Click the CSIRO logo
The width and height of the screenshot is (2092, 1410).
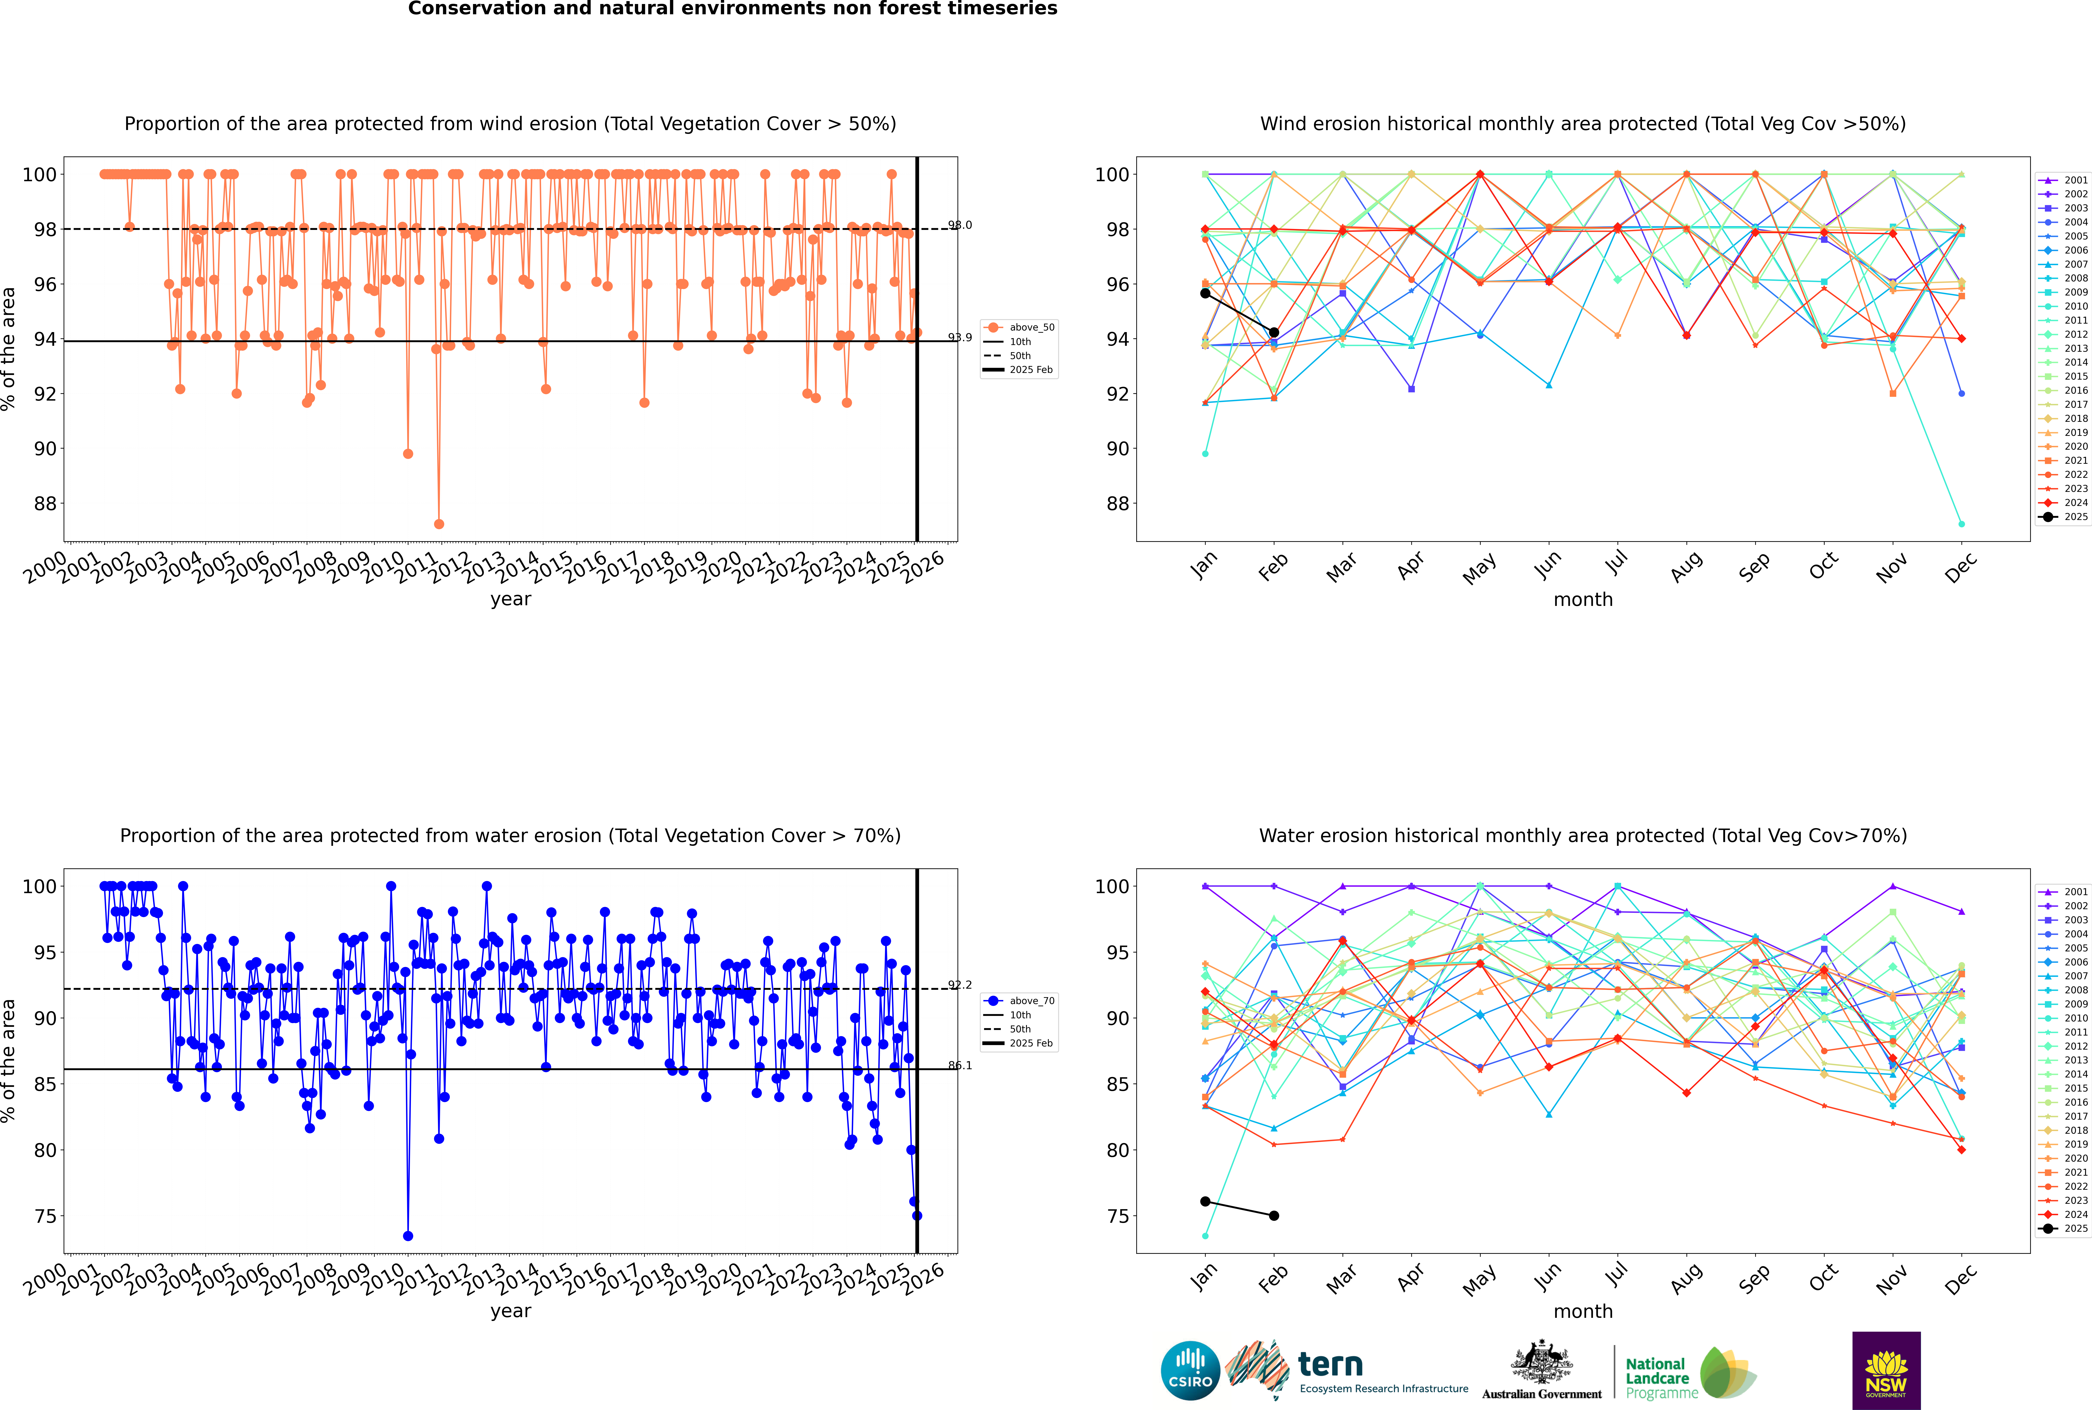click(1190, 1370)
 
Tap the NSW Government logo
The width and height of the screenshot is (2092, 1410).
click(1886, 1370)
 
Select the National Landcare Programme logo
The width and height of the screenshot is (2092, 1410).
click(1689, 1373)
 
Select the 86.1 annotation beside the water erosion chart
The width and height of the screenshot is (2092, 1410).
click(960, 1066)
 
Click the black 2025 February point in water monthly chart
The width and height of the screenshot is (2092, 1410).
click(1274, 1216)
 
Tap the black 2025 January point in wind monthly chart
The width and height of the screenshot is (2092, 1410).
click(1205, 293)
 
